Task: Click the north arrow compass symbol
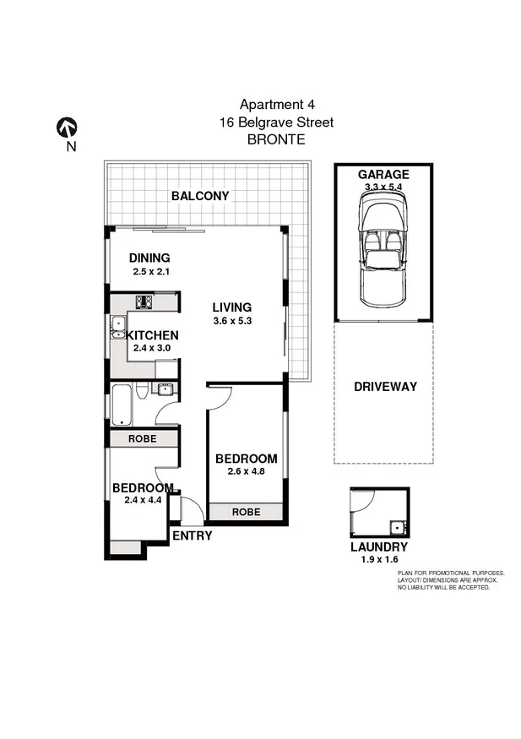click(67, 128)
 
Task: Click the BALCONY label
click(200, 196)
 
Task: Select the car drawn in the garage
click(385, 250)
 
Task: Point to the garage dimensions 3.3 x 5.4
click(385, 187)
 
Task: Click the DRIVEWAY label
click(385, 387)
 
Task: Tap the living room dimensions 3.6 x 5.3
click(232, 321)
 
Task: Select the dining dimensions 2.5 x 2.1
click(151, 272)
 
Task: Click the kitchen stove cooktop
click(144, 302)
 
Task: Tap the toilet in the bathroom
click(143, 389)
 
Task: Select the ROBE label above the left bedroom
click(141, 439)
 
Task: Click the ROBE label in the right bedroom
click(246, 512)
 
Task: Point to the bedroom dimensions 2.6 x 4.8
click(246, 472)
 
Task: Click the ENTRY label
click(192, 535)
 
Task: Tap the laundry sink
click(397, 529)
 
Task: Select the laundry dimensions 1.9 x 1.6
click(379, 559)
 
